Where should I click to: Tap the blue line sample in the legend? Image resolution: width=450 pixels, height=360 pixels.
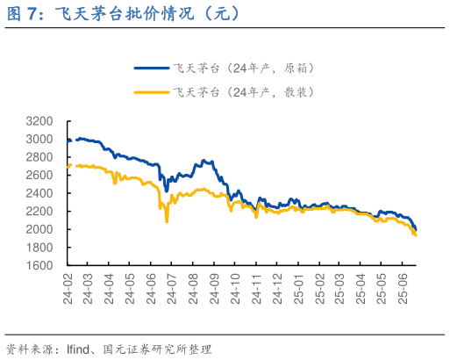150,67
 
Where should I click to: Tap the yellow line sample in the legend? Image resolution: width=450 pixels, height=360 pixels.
150,91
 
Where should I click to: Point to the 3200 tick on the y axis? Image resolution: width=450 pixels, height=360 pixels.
39,121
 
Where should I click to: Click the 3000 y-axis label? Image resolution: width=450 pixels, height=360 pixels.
39,139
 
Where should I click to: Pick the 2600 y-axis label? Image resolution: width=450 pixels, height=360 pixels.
39,175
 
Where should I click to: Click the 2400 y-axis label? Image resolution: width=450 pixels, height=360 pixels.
39,193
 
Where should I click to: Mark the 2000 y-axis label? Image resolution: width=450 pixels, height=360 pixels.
39,229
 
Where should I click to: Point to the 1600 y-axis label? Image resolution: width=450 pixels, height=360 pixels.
39,265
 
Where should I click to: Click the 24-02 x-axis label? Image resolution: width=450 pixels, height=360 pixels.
68,288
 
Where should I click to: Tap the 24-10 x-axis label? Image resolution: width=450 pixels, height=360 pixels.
235,288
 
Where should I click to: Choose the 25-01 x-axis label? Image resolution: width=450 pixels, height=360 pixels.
298,288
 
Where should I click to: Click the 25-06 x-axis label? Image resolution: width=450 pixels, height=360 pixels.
403,288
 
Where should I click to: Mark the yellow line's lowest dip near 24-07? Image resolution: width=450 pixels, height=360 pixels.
167,220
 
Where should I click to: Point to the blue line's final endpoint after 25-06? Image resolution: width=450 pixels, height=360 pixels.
416,229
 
